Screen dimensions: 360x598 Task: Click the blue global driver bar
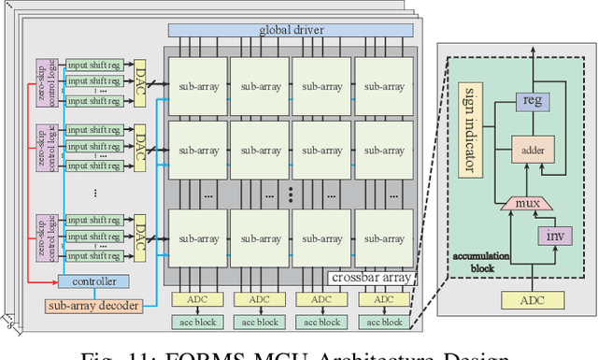coord(289,30)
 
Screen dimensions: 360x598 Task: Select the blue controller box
coord(93,281)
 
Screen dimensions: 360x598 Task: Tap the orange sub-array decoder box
coord(93,305)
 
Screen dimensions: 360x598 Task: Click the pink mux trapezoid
coord(522,202)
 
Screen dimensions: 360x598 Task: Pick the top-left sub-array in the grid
coord(198,87)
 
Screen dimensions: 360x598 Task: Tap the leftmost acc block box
coord(198,322)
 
